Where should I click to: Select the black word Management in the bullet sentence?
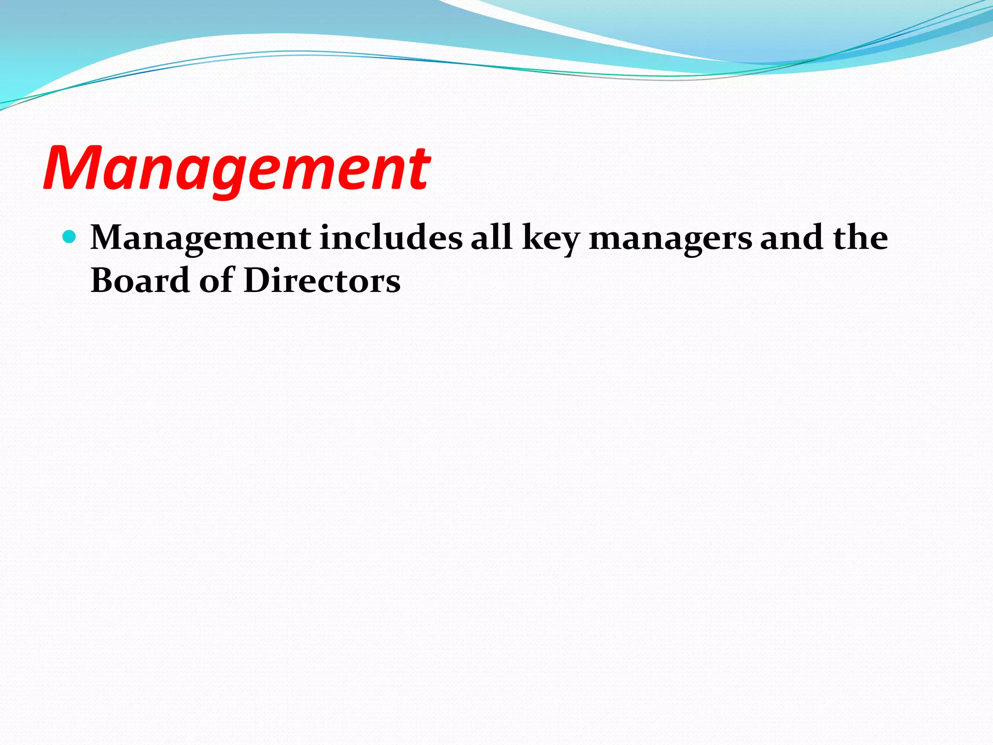pyautogui.click(x=201, y=239)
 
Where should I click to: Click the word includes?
pyautogui.click(x=391, y=238)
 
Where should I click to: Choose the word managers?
pyautogui.click(x=670, y=240)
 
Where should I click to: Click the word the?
pyautogui.click(x=861, y=238)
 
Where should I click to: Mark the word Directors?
pyautogui.click(x=322, y=280)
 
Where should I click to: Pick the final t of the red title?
pyautogui.click(x=419, y=169)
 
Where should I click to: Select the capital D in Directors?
pyautogui.click(x=257, y=280)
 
